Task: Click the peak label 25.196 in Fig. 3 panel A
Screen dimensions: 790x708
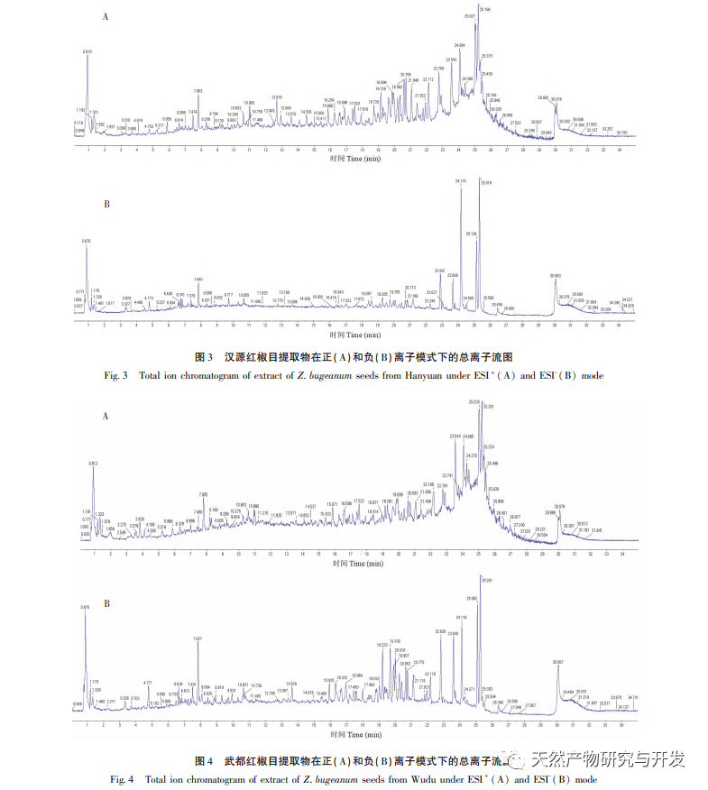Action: (486, 9)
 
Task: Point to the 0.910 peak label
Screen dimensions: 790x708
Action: (87, 51)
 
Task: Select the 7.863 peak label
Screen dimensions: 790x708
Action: (198, 91)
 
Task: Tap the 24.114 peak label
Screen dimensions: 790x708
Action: (461, 181)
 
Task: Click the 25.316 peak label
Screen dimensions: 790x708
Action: (487, 183)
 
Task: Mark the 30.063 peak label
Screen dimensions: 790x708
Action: (555, 275)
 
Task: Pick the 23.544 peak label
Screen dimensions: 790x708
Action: (455, 435)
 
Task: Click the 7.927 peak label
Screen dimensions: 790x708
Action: (198, 638)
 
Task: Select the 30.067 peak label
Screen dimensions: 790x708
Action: (557, 662)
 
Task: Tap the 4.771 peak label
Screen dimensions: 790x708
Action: (148, 683)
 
